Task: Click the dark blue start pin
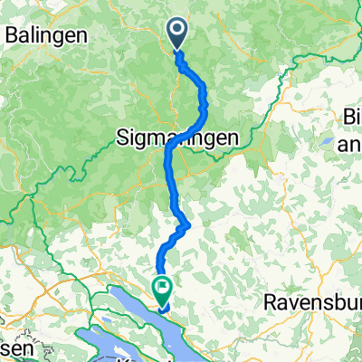pos(176,34)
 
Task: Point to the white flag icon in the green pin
pos(164,290)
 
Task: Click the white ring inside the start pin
pos(176,32)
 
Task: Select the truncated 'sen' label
pos(15,348)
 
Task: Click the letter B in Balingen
pos(11,34)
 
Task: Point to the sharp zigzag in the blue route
pos(186,223)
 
